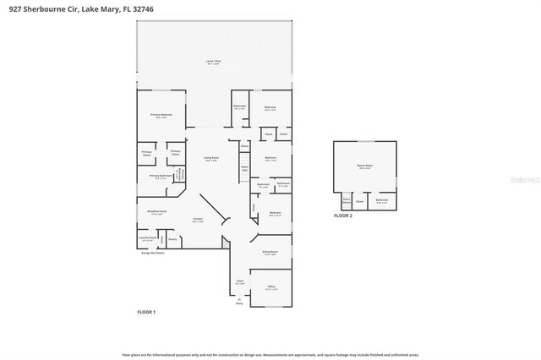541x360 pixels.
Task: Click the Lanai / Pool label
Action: click(214, 62)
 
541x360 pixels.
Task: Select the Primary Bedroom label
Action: click(161, 115)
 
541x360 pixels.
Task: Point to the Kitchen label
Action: click(198, 219)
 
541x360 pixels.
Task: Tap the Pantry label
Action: click(172, 239)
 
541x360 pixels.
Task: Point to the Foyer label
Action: click(240, 281)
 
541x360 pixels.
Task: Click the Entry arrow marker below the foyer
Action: click(239, 303)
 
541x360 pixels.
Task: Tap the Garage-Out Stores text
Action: click(152, 253)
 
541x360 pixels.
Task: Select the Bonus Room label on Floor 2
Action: click(365, 167)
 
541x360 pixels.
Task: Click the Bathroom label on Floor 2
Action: click(382, 201)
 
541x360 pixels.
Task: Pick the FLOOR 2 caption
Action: click(342, 216)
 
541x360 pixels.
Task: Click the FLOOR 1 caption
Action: click(147, 312)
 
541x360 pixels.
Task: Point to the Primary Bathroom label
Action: click(161, 177)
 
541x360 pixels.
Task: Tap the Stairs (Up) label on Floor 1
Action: click(244, 168)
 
